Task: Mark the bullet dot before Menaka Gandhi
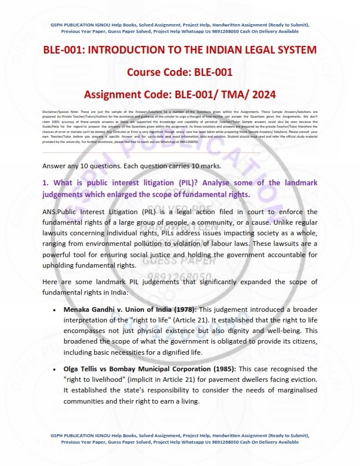coord(54,309)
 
